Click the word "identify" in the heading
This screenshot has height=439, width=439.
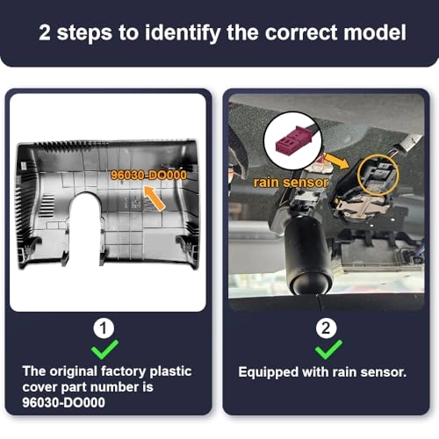pyautogui.click(x=183, y=33)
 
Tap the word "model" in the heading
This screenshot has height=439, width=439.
pyautogui.click(x=375, y=32)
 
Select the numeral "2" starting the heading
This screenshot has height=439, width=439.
pyautogui.click(x=45, y=32)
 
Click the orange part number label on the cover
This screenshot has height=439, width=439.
pyautogui.click(x=148, y=175)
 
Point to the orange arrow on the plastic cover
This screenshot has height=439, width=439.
pyautogui.click(x=154, y=198)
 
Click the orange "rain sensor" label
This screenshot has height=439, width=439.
pyautogui.click(x=291, y=183)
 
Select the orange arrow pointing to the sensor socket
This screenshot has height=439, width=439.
pyautogui.click(x=337, y=161)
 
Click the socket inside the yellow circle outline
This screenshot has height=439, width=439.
pyautogui.click(x=378, y=175)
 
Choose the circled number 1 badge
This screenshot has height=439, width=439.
pyautogui.click(x=104, y=328)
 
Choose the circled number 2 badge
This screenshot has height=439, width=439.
pyautogui.click(x=326, y=328)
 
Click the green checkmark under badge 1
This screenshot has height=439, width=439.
pyautogui.click(x=104, y=349)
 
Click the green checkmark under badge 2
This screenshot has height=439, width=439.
pyautogui.click(x=328, y=349)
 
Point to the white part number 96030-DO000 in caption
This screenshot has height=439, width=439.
pyautogui.click(x=63, y=402)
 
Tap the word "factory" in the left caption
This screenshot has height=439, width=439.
pyautogui.click(x=123, y=371)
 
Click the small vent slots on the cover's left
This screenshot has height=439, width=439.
pyautogui.click(x=47, y=205)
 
